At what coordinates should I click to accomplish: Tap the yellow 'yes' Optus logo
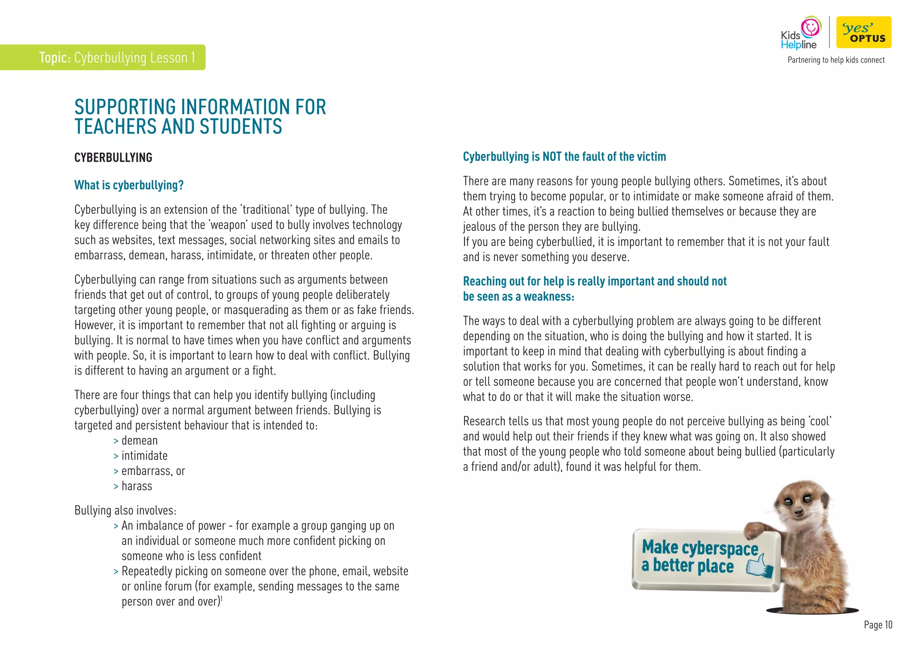pos(864,32)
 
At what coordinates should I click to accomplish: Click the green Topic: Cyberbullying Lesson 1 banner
pos(103,57)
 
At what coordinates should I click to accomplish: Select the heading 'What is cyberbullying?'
pos(129,185)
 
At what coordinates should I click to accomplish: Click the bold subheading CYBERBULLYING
pos(113,158)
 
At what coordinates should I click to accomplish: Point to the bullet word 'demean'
pos(140,441)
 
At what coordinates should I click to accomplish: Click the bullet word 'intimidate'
pos(144,456)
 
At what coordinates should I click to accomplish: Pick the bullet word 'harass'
pos(137,486)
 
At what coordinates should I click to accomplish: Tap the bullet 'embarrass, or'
pos(153,471)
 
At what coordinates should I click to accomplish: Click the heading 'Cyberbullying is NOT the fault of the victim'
pos(564,157)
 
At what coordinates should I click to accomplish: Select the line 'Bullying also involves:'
pos(125,510)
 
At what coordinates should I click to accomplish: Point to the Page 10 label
pos(878,625)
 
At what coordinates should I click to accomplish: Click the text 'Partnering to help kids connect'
pos(836,60)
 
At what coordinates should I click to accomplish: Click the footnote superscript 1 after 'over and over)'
pos(222,599)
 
